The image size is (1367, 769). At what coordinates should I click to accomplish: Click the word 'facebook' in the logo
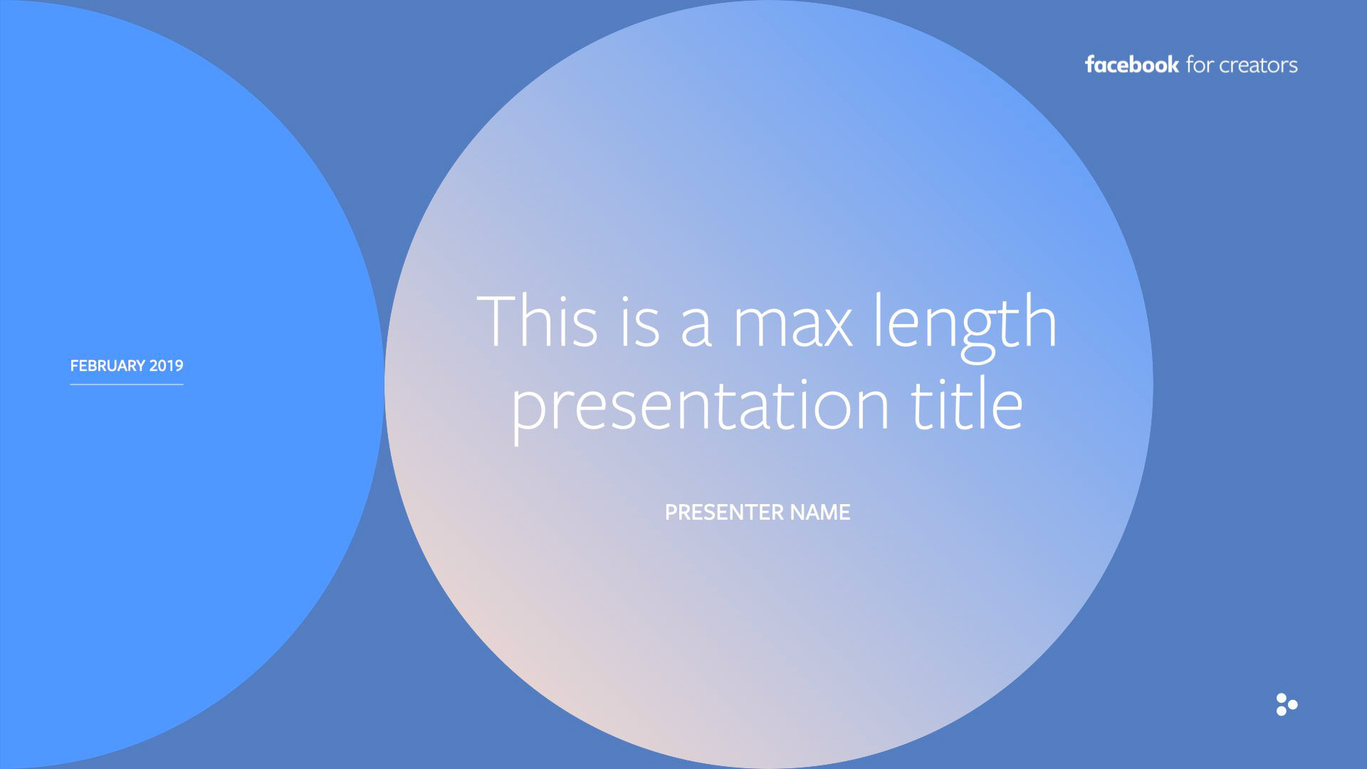1131,65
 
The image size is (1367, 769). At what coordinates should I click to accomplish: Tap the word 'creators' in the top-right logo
1258,66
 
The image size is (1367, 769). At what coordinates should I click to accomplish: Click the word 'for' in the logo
1200,65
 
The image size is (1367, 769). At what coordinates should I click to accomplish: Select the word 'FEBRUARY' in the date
108,366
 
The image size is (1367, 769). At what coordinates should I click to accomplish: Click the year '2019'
167,366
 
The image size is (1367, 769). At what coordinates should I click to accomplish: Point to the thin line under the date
127,384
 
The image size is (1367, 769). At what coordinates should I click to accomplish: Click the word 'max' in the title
792,327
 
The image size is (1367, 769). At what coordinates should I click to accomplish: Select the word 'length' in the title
965,328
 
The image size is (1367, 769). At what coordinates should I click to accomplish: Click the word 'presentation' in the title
701,406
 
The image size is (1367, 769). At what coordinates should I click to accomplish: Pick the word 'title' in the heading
968,402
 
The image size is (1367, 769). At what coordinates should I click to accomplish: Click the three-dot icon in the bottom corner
1287,704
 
